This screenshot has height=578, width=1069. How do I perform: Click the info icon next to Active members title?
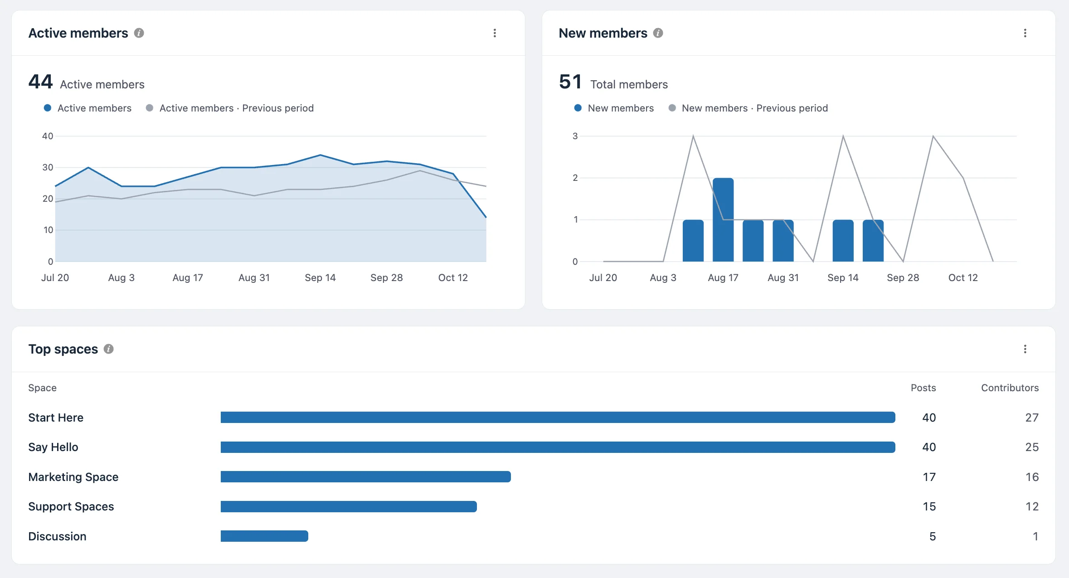pyautogui.click(x=139, y=33)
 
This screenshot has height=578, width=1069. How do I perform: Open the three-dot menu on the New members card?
pyautogui.click(x=1025, y=33)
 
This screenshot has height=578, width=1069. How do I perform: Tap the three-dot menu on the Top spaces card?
pyautogui.click(x=1025, y=349)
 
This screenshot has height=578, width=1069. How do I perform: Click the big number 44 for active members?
pyautogui.click(x=40, y=82)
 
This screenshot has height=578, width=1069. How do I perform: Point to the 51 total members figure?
pyautogui.click(x=570, y=82)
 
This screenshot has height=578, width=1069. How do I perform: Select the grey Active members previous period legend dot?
pyautogui.click(x=149, y=108)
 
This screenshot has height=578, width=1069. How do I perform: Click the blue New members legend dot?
pyautogui.click(x=578, y=108)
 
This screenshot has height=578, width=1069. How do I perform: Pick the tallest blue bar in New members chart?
pyautogui.click(x=723, y=220)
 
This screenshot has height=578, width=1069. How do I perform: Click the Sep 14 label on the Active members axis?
pyautogui.click(x=320, y=277)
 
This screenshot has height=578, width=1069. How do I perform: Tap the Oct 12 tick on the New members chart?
pyautogui.click(x=963, y=277)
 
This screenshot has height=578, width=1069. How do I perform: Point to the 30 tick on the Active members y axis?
pyautogui.click(x=48, y=167)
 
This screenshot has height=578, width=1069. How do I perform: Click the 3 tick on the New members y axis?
pyautogui.click(x=575, y=136)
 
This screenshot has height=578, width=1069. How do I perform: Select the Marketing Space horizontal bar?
pyautogui.click(x=366, y=477)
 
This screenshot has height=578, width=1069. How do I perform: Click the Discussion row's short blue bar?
pyautogui.click(x=264, y=536)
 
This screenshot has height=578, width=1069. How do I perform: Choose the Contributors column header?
pyautogui.click(x=1010, y=388)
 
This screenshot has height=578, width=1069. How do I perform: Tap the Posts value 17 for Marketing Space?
pyautogui.click(x=929, y=477)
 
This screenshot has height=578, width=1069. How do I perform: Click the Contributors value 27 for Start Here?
pyautogui.click(x=1032, y=418)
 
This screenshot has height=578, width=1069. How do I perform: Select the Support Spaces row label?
pyautogui.click(x=71, y=506)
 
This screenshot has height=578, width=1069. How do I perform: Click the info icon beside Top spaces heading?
pyautogui.click(x=108, y=349)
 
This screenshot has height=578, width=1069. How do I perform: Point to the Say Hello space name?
pyautogui.click(x=53, y=447)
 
